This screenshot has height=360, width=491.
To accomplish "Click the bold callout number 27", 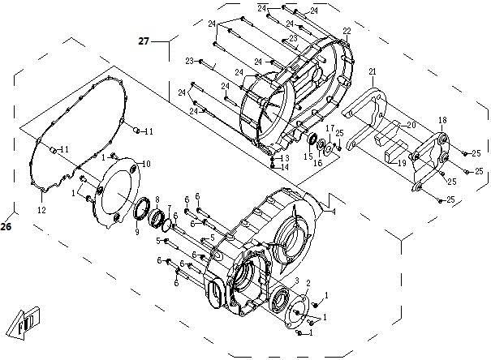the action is (x=144, y=41).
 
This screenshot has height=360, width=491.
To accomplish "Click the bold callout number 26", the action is (x=6, y=226).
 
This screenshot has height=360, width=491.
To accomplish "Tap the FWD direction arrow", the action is (x=24, y=323).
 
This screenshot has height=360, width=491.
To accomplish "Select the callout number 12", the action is (x=41, y=210).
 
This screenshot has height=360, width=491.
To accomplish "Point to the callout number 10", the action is (x=146, y=164).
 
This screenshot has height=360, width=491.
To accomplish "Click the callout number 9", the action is (x=137, y=232).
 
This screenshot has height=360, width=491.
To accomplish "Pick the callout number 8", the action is (x=157, y=199).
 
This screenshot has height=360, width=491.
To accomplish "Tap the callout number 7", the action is (x=170, y=208).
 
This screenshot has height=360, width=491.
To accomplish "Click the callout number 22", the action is (x=347, y=31).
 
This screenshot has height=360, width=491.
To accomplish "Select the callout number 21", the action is (x=372, y=71).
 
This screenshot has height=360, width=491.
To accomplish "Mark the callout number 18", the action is (x=442, y=120).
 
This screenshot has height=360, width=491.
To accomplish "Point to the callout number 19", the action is (x=402, y=163).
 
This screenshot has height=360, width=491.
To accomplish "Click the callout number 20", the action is (x=411, y=125).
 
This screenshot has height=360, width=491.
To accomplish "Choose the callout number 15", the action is (x=308, y=156).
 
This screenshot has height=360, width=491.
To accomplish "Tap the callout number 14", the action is (x=285, y=167).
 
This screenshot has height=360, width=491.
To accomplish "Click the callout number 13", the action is (x=285, y=158).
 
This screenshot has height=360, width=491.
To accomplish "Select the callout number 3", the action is (x=297, y=280).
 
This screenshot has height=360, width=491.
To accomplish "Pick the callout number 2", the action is (x=308, y=283).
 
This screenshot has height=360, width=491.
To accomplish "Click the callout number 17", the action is (x=330, y=128).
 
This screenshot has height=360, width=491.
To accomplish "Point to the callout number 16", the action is (x=318, y=163).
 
